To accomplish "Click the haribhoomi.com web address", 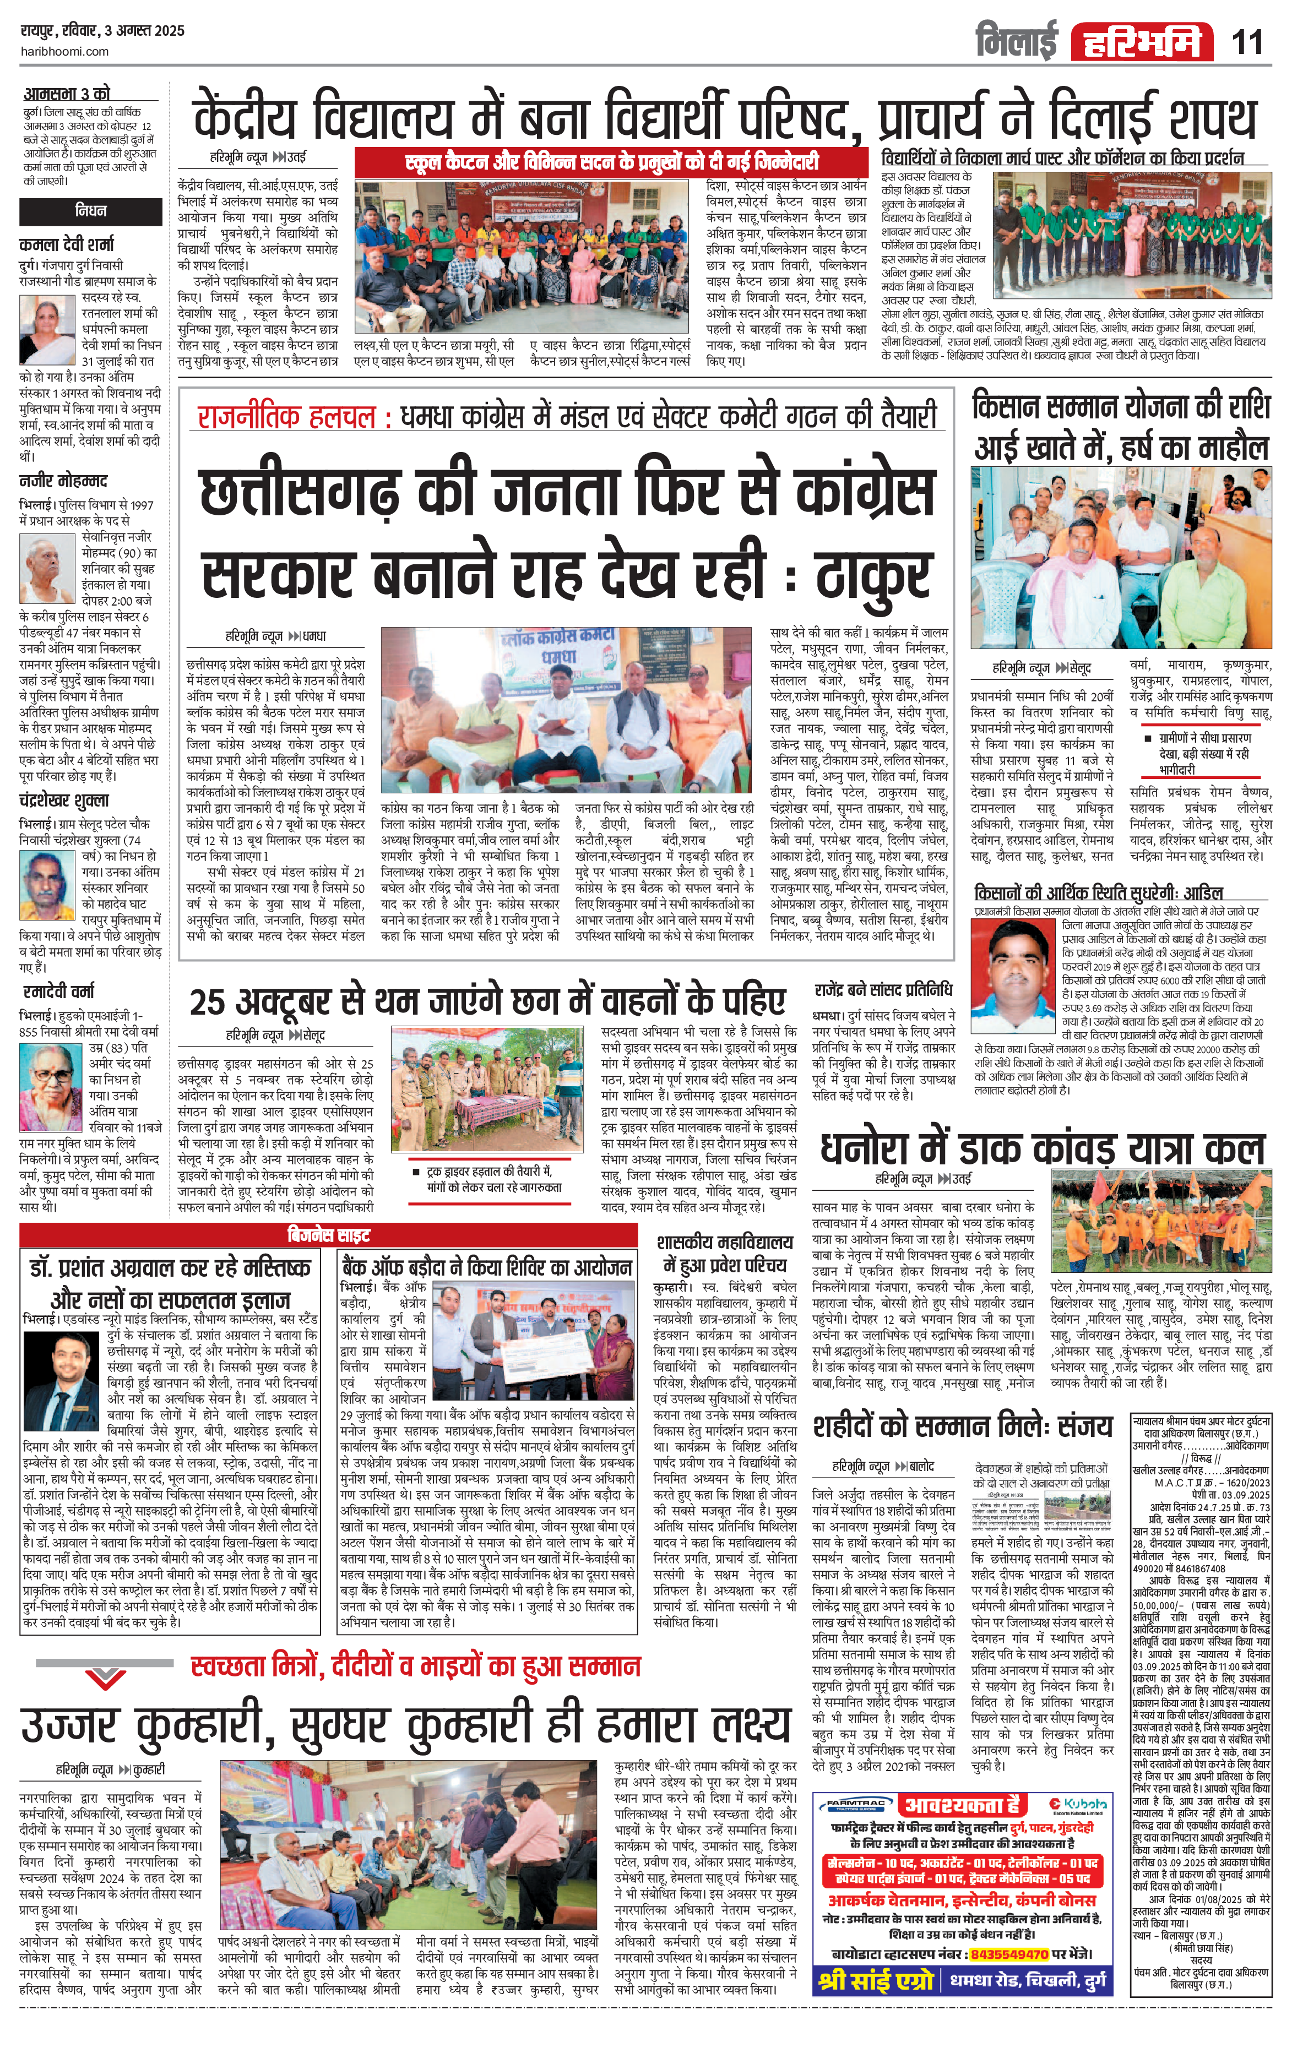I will (64, 51).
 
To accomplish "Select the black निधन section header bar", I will (90, 210).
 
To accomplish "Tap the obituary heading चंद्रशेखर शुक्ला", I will (64, 800).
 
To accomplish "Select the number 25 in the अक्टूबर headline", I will (207, 1003).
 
